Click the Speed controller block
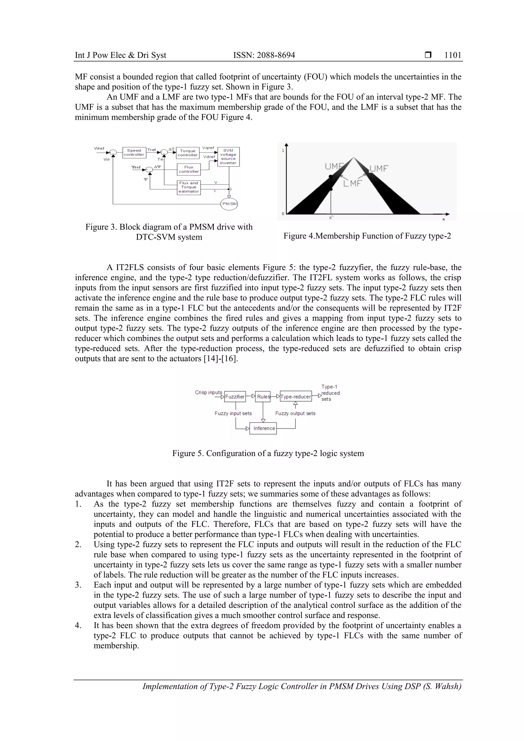pos(134,153)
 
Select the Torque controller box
pos(188,153)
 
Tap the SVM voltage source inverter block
pos(228,157)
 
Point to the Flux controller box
pos(189,169)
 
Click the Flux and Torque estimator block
pos(189,187)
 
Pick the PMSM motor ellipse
pos(229,204)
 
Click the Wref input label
pos(99,148)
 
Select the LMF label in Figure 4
pos(352,184)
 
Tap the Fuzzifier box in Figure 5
pos(235,397)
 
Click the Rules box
pos(263,397)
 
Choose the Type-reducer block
pos(296,397)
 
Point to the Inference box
pos(264,428)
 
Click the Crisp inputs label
pos(208,392)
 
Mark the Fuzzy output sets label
pos(295,413)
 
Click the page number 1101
pos(453,55)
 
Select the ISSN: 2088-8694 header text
pos(264,55)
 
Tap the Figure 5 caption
pos(268,454)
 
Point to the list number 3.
pos(78,585)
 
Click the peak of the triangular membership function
pos(354,158)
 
